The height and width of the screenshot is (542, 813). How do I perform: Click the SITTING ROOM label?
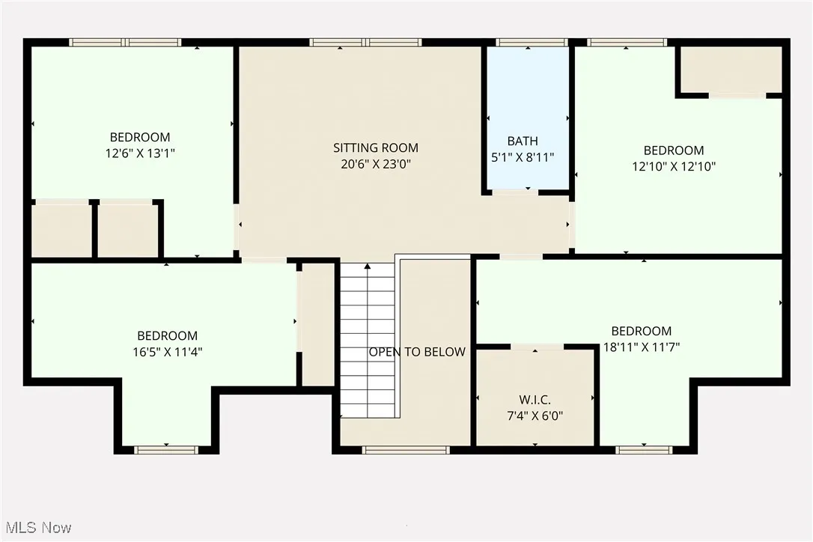[x=375, y=147]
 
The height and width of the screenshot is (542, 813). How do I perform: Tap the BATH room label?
[x=522, y=141]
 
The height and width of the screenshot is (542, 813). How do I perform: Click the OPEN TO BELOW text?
[x=416, y=352]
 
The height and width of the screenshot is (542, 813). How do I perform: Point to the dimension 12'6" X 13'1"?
[x=140, y=153]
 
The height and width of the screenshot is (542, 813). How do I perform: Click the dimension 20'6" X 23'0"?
[x=375, y=164]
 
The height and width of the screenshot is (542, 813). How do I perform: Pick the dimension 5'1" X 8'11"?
[x=522, y=157]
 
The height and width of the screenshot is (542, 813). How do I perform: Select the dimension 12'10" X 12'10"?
[x=674, y=167]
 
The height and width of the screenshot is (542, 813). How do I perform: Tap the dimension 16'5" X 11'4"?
[x=167, y=351]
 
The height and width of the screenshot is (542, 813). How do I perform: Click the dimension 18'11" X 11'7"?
[x=642, y=347]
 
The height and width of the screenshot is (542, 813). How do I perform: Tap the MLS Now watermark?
[x=36, y=528]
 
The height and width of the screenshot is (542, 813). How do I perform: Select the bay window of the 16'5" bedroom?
[x=166, y=450]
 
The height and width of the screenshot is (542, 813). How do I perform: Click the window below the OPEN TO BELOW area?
[x=405, y=450]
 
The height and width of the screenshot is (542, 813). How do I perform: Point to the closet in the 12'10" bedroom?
[x=730, y=70]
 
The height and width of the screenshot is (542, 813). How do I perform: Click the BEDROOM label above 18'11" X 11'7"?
[x=642, y=331]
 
